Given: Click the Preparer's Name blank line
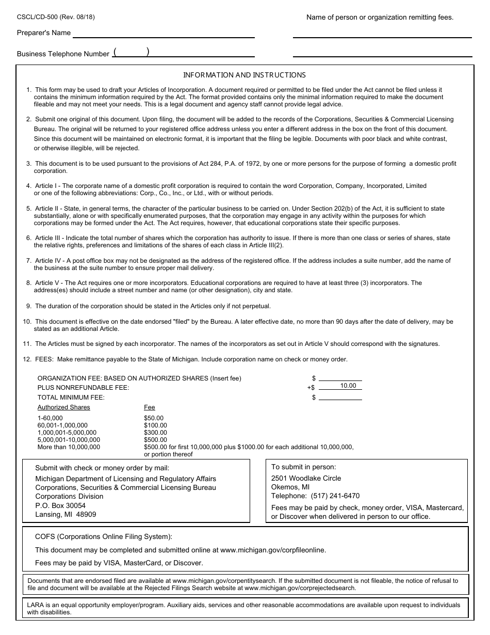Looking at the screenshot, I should point(164,33).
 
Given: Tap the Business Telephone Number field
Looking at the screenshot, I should point(183,52).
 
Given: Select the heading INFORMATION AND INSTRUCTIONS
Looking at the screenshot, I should point(244,75).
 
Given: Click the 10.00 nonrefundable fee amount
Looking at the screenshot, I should point(348,386).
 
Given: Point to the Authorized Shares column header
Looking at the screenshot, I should point(63,407).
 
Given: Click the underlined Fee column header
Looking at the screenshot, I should point(149,407).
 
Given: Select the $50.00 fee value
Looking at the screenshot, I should point(154,418).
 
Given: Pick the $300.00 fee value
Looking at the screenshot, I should point(155,433).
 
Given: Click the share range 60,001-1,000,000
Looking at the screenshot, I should point(62,425).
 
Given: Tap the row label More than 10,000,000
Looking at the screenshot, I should point(69,447).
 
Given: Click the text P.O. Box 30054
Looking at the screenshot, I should point(60,505).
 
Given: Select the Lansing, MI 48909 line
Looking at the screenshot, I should point(66,514).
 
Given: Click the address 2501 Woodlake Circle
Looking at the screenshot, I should point(306,478).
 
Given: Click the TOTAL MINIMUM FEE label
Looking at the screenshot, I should point(71,397).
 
